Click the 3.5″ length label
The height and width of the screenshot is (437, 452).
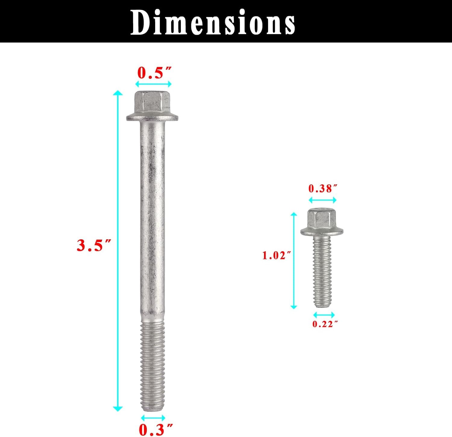coord(94,245)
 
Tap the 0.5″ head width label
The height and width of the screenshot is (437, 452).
coord(154,73)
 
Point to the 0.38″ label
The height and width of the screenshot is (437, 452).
coord(322,189)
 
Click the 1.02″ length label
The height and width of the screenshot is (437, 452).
coord(276,256)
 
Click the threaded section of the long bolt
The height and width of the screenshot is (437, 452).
coord(152,365)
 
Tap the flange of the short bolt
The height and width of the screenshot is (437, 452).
coord(322,232)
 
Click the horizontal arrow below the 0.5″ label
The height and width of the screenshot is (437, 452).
coord(153,84)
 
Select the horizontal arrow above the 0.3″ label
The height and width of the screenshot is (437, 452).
coord(153,418)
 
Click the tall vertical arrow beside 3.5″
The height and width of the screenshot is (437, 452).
coord(118,250)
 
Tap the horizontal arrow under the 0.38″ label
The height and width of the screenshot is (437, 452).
coord(322,200)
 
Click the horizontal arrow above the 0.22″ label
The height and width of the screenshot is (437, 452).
coord(324,315)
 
